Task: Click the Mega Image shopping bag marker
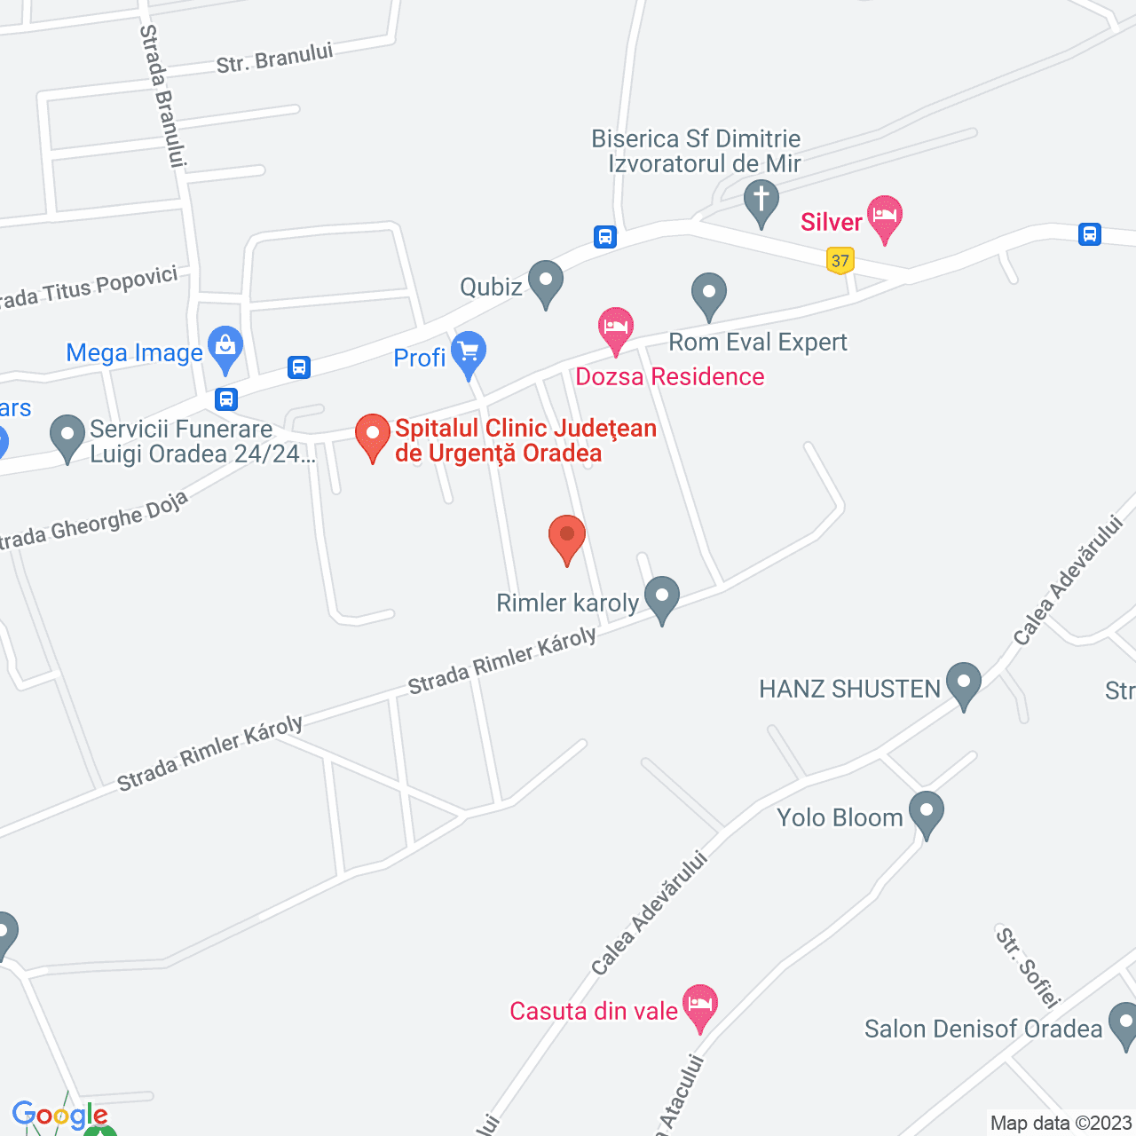click(225, 348)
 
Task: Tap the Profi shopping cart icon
click(468, 353)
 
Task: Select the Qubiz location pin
click(545, 282)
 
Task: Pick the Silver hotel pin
click(885, 217)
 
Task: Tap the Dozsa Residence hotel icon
click(615, 329)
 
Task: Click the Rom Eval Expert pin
click(708, 295)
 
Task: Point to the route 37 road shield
click(840, 261)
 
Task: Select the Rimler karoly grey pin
click(661, 598)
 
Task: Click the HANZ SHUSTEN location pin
click(963, 684)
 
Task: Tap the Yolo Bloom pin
click(926, 813)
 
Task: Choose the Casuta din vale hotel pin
click(700, 1006)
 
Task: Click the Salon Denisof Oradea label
click(982, 1029)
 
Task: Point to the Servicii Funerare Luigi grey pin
click(67, 437)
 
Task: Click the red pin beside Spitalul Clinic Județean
click(373, 436)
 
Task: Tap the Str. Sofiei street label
click(1028, 968)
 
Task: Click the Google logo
click(59, 1116)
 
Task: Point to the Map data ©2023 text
click(1061, 1123)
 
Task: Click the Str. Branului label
click(275, 58)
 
